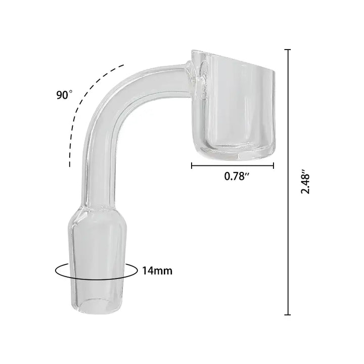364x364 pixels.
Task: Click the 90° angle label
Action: [x=64, y=95]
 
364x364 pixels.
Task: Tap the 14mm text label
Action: [x=157, y=271]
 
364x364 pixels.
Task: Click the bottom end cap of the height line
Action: [x=288, y=314]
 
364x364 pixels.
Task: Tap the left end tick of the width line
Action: [x=191, y=165]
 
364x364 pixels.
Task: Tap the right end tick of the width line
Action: [x=274, y=165]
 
